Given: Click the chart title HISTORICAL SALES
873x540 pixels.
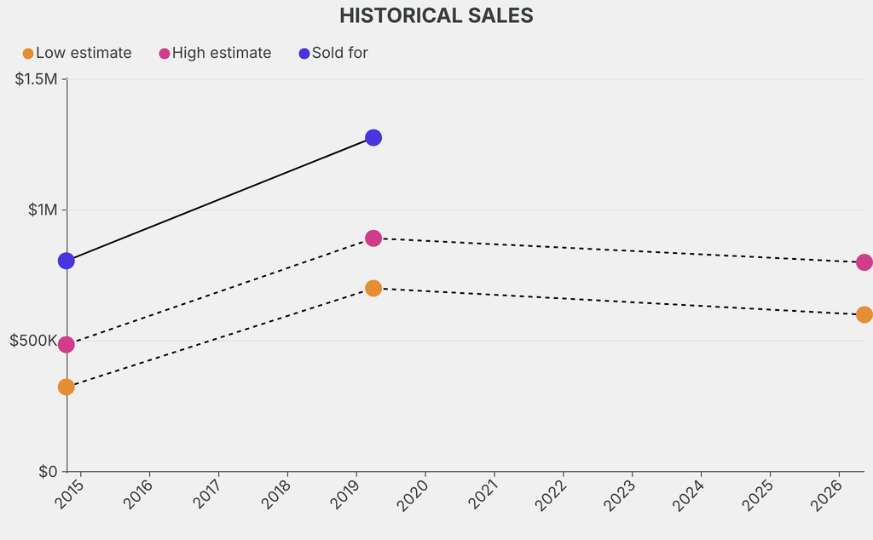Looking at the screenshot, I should (436, 15).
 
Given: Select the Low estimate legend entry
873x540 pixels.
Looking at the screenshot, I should (77, 53).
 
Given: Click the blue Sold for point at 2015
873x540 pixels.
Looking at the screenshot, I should (66, 261).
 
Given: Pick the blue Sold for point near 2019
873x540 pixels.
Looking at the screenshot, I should (373, 137).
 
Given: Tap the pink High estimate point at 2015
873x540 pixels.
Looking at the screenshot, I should (66, 345).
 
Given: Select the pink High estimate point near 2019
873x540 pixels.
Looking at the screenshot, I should (373, 238).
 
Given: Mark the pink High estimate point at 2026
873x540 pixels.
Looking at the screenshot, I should (864, 262).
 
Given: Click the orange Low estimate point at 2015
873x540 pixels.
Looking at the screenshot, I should (66, 387).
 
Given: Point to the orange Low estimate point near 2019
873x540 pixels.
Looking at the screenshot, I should (373, 289).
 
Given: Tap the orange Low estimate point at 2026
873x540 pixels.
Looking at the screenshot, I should (864, 314).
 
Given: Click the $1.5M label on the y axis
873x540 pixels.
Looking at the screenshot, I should (37, 79).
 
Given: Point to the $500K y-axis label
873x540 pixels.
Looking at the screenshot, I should (33, 341).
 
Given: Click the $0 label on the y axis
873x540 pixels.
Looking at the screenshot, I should (48, 472).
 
